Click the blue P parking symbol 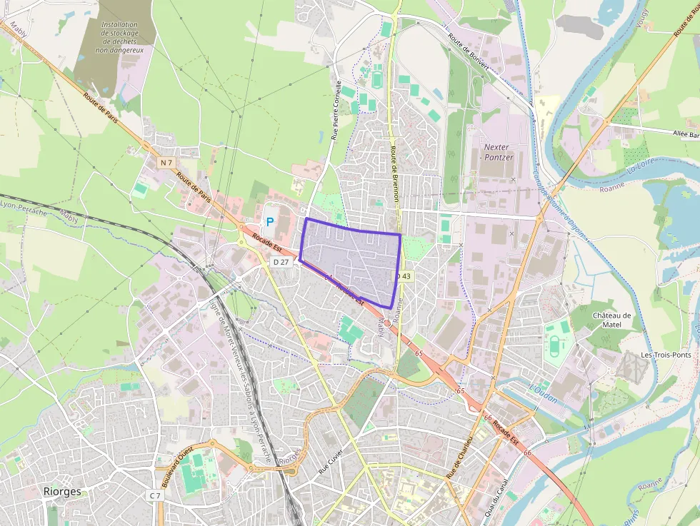(x=270, y=222)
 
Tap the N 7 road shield (x=166, y=163)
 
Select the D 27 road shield (x=281, y=262)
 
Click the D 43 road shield (x=404, y=275)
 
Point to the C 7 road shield (x=155, y=495)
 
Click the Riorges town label (x=62, y=492)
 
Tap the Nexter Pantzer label (x=498, y=152)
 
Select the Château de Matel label (x=612, y=320)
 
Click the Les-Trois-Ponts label (x=666, y=355)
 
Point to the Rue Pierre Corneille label (x=336, y=109)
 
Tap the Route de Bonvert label (x=469, y=53)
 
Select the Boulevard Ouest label (x=178, y=467)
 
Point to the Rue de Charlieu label (x=460, y=457)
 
